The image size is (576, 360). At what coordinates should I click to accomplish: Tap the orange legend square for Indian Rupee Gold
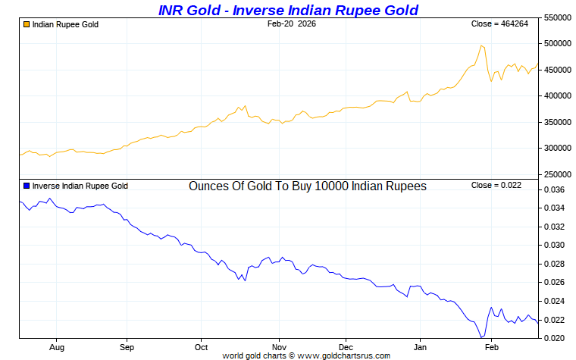(x=27, y=24)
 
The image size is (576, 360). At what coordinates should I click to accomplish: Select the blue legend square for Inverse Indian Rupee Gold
(x=27, y=186)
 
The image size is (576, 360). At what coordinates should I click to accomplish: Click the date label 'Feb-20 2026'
(x=292, y=24)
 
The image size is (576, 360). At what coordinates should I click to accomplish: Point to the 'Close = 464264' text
(x=499, y=24)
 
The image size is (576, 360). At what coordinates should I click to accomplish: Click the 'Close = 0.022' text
(x=496, y=186)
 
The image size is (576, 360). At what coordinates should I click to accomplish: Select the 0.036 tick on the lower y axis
(x=556, y=189)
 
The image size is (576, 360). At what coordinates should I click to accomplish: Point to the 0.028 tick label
(x=556, y=264)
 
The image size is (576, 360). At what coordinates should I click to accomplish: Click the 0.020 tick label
(x=556, y=338)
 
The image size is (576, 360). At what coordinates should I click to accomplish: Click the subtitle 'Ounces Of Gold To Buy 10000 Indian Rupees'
(x=307, y=186)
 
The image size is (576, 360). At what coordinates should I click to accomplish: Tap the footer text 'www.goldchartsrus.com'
(x=346, y=355)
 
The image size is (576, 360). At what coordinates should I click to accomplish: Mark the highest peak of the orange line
(x=481, y=45)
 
